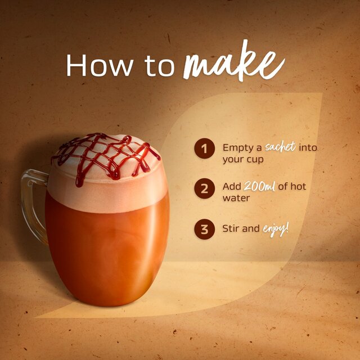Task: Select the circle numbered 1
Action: pos(205,148)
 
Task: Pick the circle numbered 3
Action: pos(205,229)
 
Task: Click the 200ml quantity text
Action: pos(259,186)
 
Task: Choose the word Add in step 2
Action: pos(232,186)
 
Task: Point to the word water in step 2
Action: pos(235,198)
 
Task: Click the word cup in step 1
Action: pos(255,160)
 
